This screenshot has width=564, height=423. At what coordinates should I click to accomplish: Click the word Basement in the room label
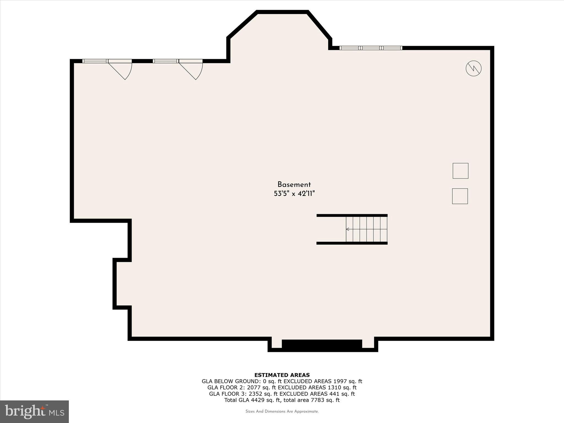coord(294,185)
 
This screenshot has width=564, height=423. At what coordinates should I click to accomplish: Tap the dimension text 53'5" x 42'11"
coord(294,194)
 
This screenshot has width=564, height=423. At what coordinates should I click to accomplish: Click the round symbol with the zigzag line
coord(473,68)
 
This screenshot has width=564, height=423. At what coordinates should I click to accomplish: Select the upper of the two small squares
coord(460,171)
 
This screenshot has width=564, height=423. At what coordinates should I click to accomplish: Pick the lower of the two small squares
coord(460,196)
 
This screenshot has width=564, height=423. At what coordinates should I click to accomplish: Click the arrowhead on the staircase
coord(348,229)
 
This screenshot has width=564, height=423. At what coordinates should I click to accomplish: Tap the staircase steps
coord(367,229)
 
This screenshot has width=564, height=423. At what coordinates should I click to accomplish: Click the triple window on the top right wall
coord(371,48)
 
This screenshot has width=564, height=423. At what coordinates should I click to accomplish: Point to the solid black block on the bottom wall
coord(322,344)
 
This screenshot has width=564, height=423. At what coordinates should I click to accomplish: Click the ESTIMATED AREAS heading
coord(282,375)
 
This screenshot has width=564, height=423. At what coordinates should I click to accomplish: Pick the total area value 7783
coord(316,400)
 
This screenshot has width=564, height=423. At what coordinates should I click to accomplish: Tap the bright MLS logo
coord(34,411)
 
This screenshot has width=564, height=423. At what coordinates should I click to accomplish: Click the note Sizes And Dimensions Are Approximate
coord(282,411)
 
